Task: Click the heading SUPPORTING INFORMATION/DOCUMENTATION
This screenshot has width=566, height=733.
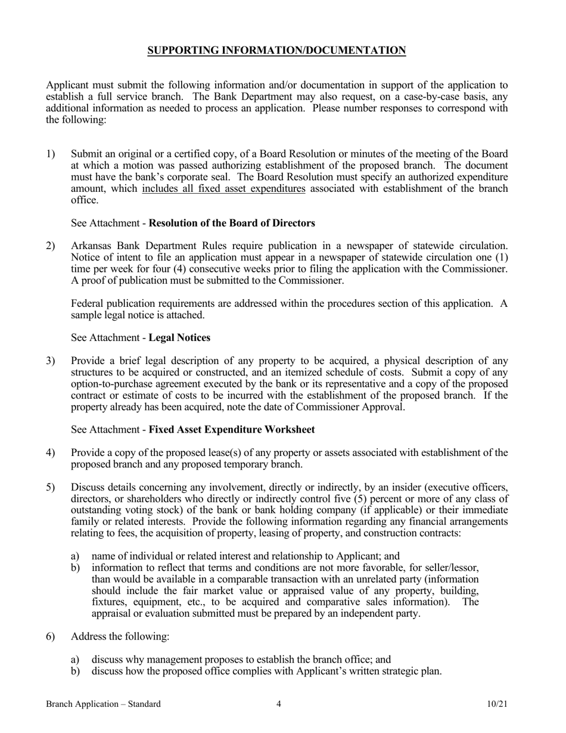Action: pyautogui.click(x=276, y=51)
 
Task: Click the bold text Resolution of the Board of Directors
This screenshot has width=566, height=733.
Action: pyautogui.click(x=231, y=223)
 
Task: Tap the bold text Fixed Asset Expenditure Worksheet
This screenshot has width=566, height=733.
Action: pyautogui.click(x=231, y=430)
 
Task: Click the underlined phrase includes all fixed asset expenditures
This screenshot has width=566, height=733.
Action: pyautogui.click(x=223, y=190)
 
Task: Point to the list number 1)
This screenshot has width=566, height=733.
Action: pyautogui.click(x=51, y=154)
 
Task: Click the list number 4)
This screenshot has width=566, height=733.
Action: pyautogui.click(x=51, y=453)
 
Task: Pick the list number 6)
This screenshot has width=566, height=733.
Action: pyautogui.click(x=51, y=636)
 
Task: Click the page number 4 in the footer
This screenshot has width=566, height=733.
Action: pyautogui.click(x=279, y=704)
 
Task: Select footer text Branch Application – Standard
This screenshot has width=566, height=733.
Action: pyautogui.click(x=103, y=704)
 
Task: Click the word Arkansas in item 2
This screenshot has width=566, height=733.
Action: pyautogui.click(x=90, y=246)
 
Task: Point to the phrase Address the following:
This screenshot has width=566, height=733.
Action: pyautogui.click(x=120, y=636)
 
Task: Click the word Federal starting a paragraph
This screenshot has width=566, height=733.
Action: pyautogui.click(x=87, y=303)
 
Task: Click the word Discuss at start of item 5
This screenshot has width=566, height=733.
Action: pyautogui.click(x=87, y=487)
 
